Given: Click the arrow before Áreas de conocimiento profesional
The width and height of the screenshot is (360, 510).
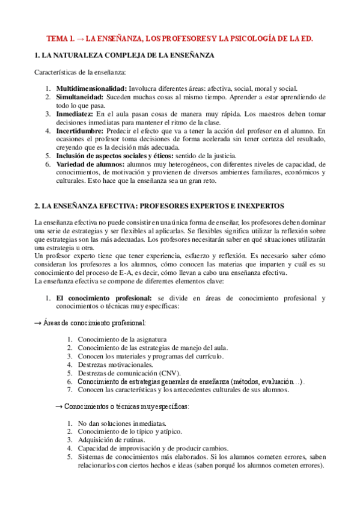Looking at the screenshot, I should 38,323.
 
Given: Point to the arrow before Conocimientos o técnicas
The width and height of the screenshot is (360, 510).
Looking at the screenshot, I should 59,407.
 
